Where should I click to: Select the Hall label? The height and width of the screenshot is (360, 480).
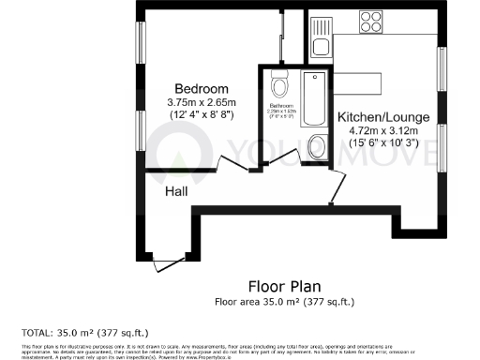point(176,191)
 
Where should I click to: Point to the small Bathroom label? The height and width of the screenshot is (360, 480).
point(280,106)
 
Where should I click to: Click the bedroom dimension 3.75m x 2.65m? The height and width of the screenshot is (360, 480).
point(200,101)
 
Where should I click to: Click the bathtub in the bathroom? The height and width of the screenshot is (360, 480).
point(317,103)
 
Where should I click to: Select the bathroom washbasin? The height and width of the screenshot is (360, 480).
point(316,146)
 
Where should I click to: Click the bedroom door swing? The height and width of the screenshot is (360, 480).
point(230,165)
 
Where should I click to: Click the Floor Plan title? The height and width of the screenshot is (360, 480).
point(284,285)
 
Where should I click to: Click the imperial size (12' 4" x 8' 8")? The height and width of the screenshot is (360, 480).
point(200,113)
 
